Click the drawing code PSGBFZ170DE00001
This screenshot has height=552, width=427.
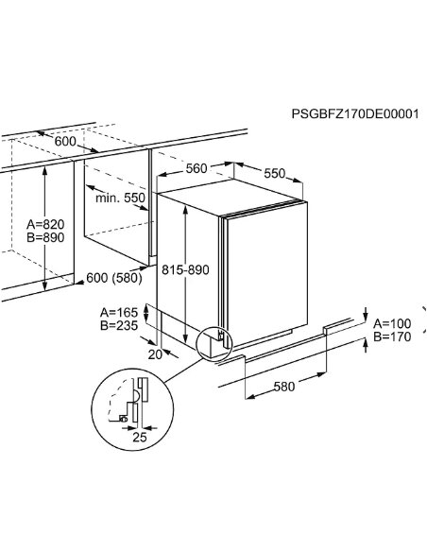pyautogui.click(x=355, y=114)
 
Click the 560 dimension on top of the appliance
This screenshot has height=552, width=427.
pyautogui.click(x=196, y=168)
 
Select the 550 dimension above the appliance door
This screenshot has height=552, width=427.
pyautogui.click(x=274, y=173)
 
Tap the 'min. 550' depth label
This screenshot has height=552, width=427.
pyautogui.click(x=120, y=198)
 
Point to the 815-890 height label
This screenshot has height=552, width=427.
pyautogui.click(x=185, y=270)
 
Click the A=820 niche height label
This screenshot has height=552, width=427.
pyautogui.click(x=45, y=224)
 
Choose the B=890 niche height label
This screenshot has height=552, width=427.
pyautogui.click(x=45, y=237)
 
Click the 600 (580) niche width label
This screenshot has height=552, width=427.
pyautogui.click(x=114, y=278)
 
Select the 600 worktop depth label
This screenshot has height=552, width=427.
pyautogui.click(x=65, y=142)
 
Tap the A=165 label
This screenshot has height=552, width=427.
pyautogui.click(x=119, y=312)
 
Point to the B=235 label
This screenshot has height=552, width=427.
pyautogui.click(x=119, y=326)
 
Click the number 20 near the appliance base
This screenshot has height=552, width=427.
pyautogui.click(x=155, y=354)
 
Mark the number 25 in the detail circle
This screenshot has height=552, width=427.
pyautogui.click(x=140, y=438)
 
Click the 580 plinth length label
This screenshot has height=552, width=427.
pyautogui.click(x=284, y=387)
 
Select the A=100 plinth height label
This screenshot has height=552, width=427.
pyautogui.click(x=392, y=323)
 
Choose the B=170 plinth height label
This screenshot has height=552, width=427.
pyautogui.click(x=392, y=336)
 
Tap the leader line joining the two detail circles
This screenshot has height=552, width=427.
pyautogui.click(x=183, y=371)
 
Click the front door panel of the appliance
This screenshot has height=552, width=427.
pyautogui.click(x=267, y=273)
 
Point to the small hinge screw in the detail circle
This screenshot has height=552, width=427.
pyautogui.click(x=123, y=419)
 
